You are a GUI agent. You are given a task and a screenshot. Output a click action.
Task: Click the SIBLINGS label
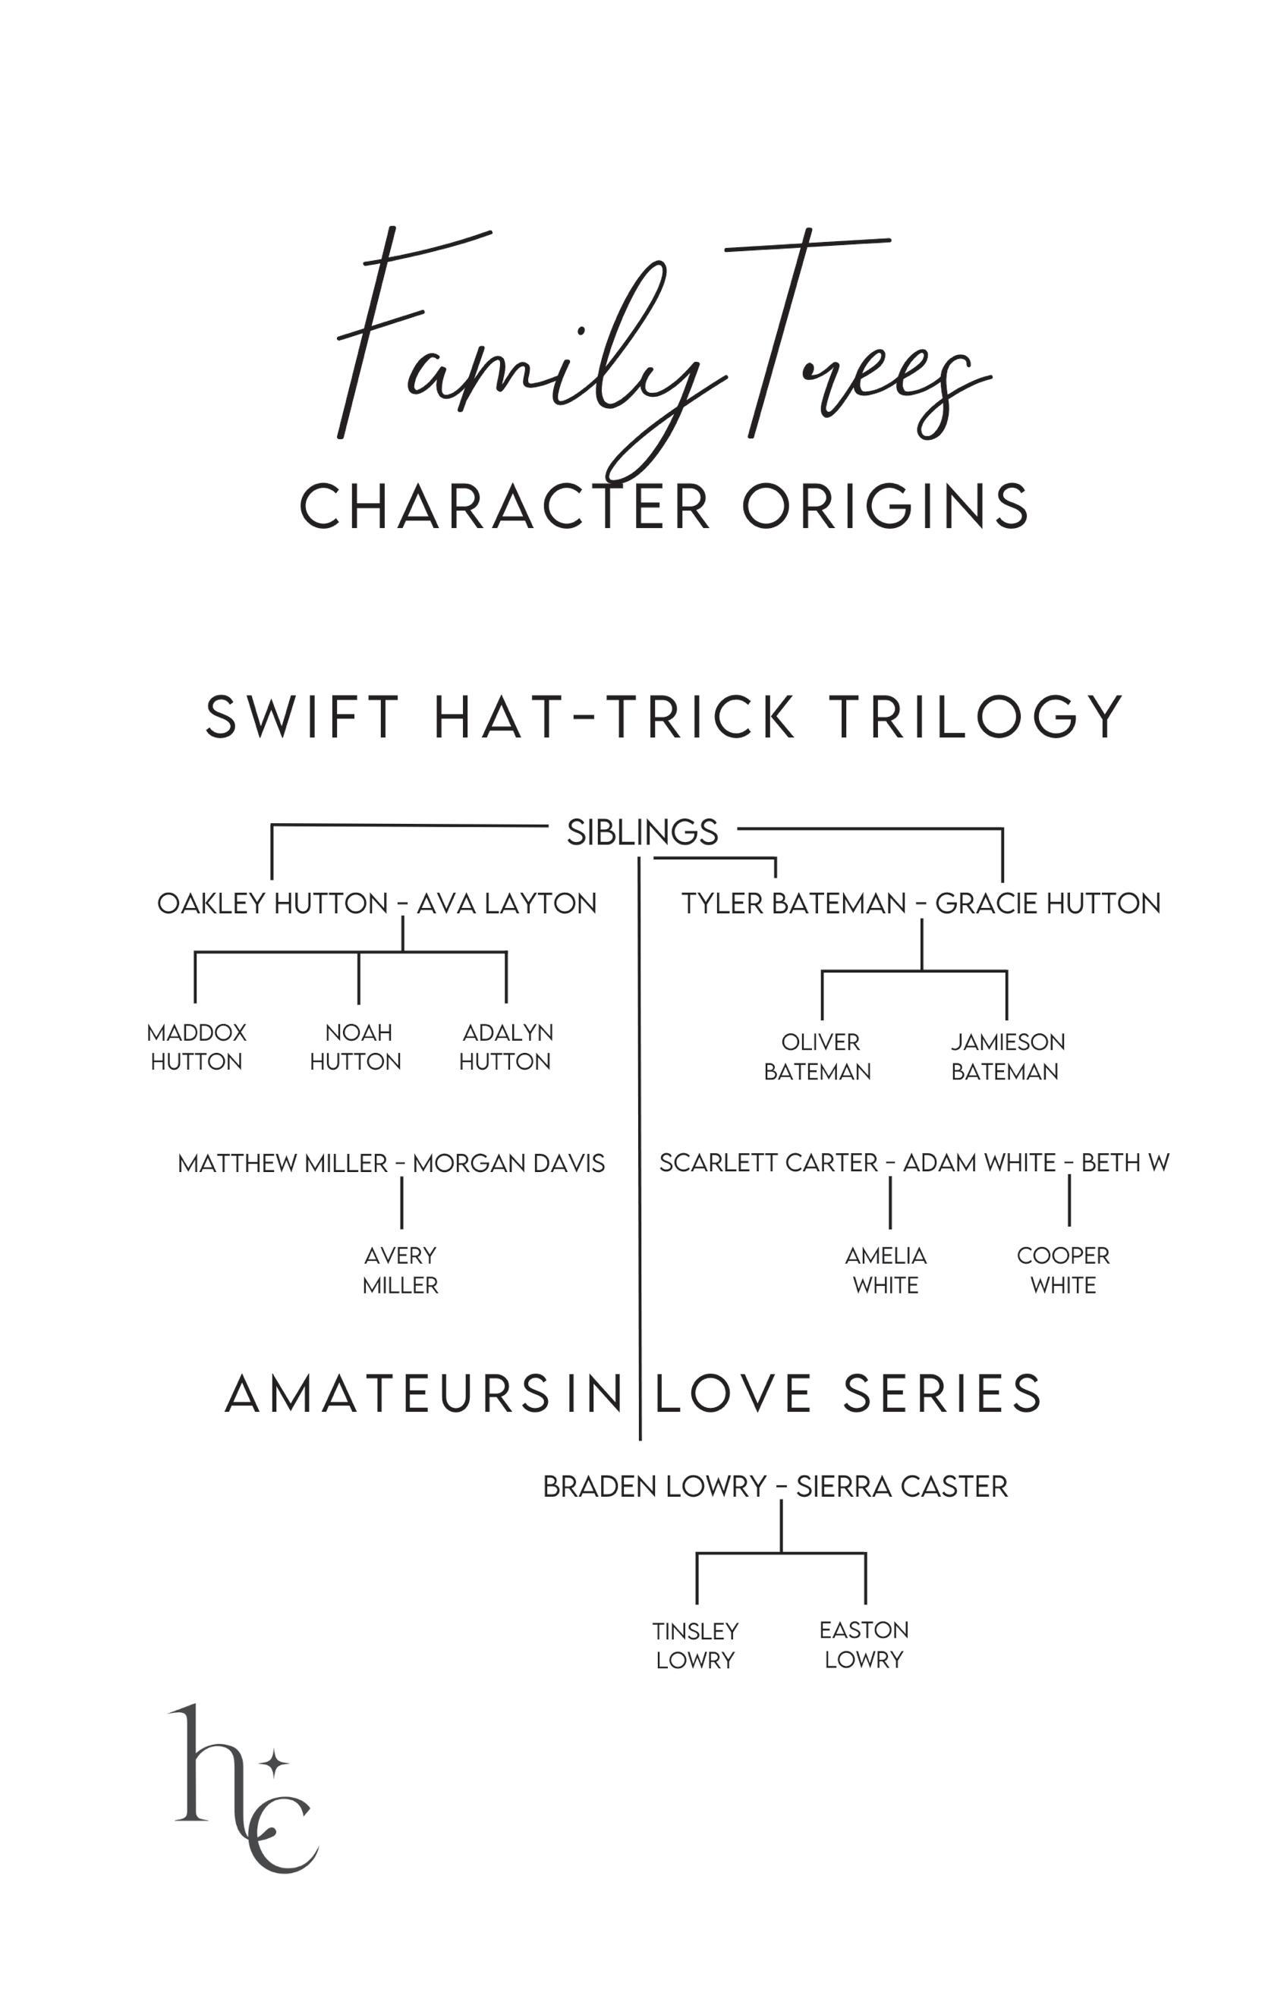pos(641,832)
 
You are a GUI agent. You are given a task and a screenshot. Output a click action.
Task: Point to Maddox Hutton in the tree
pos(196,1047)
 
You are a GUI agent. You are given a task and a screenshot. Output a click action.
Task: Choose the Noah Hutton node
pos(356,1047)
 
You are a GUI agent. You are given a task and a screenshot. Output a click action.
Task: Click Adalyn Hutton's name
pos(506,1047)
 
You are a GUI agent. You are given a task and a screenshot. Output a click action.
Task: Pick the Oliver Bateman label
pos(818,1057)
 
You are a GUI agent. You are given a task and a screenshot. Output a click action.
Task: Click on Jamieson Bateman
pos(1006,1057)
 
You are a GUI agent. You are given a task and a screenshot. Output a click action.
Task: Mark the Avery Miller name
pos(401,1270)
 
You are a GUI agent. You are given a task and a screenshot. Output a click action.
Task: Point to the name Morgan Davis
pos(508,1163)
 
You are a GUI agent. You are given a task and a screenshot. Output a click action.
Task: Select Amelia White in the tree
pos(886,1270)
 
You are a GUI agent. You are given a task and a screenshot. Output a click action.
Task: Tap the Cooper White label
pos(1063,1270)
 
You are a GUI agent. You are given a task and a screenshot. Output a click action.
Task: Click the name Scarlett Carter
pos(768,1163)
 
